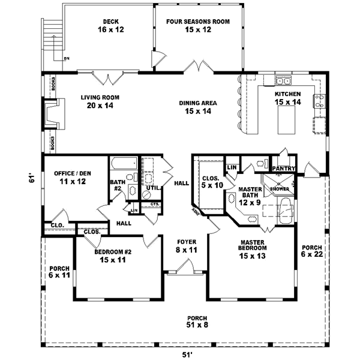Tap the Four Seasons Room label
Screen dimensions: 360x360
(197, 26)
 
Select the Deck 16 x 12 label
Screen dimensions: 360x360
(109, 26)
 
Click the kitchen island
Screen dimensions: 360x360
(285, 122)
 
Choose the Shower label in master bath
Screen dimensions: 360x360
(280, 189)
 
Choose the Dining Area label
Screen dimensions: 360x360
(197, 106)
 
